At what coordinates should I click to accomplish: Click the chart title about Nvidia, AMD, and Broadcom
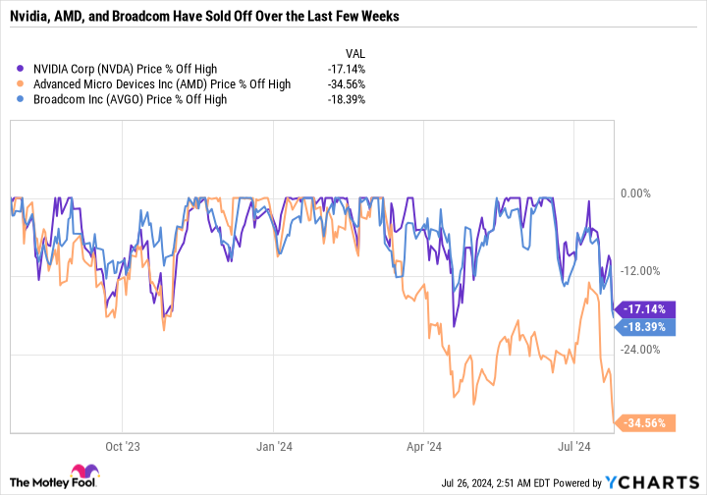click(207, 18)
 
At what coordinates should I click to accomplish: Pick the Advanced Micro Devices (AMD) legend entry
click(161, 84)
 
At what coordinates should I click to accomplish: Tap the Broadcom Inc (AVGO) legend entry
click(131, 99)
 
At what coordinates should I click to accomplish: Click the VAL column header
click(353, 52)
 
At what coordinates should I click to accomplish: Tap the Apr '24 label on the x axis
click(422, 445)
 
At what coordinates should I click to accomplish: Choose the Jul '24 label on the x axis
click(573, 445)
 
